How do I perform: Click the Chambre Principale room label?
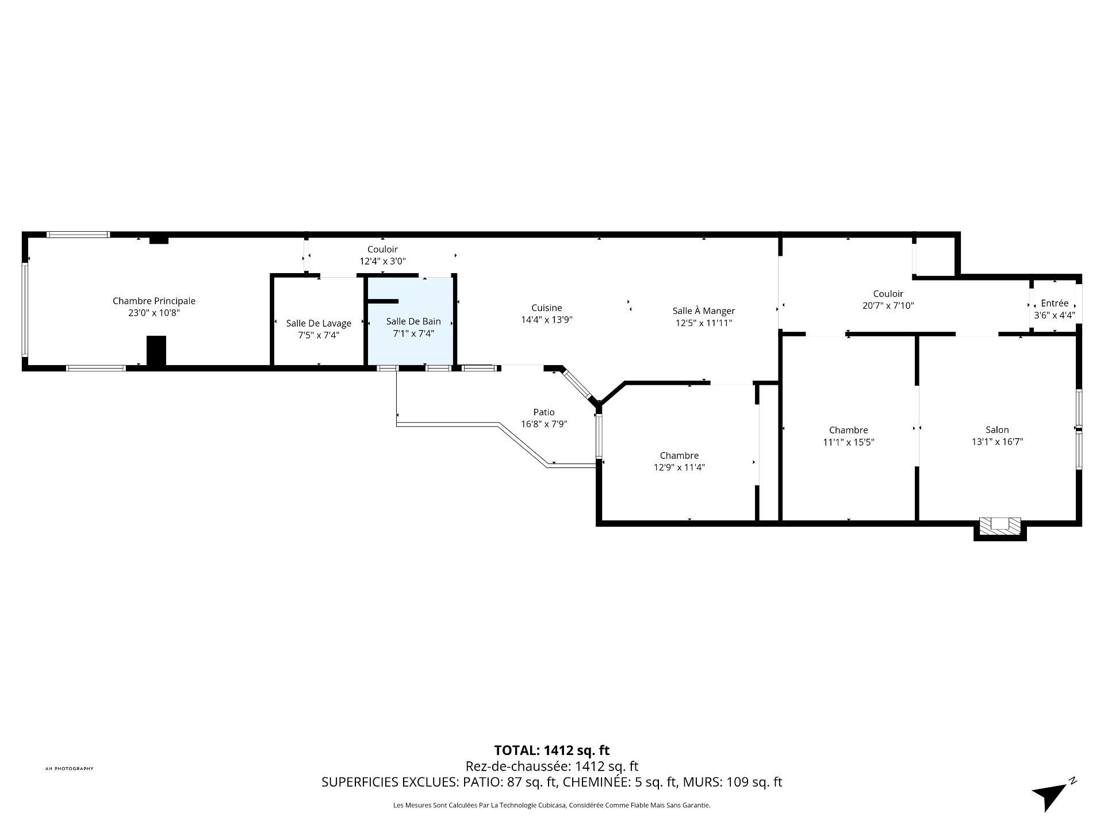pyautogui.click(x=154, y=301)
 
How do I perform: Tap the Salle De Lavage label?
pyautogui.click(x=319, y=323)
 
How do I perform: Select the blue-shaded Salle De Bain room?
pyautogui.click(x=410, y=321)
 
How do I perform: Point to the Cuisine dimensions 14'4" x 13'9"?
pyautogui.click(x=546, y=320)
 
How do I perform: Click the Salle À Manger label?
pyautogui.click(x=704, y=310)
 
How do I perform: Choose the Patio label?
pyautogui.click(x=544, y=412)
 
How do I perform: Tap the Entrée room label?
pyautogui.click(x=1055, y=303)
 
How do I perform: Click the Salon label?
pyautogui.click(x=997, y=430)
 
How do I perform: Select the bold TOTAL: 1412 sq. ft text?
pyautogui.click(x=551, y=750)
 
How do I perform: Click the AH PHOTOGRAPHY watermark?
pyautogui.click(x=69, y=768)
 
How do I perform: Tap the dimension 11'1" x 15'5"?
pyautogui.click(x=848, y=442)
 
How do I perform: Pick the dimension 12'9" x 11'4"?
pyautogui.click(x=679, y=467)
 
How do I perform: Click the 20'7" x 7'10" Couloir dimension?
pyautogui.click(x=888, y=306)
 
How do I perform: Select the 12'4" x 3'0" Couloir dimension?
pyautogui.click(x=382, y=261)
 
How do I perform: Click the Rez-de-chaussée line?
pyautogui.click(x=551, y=766)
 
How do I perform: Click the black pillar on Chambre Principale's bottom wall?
pyautogui.click(x=156, y=351)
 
